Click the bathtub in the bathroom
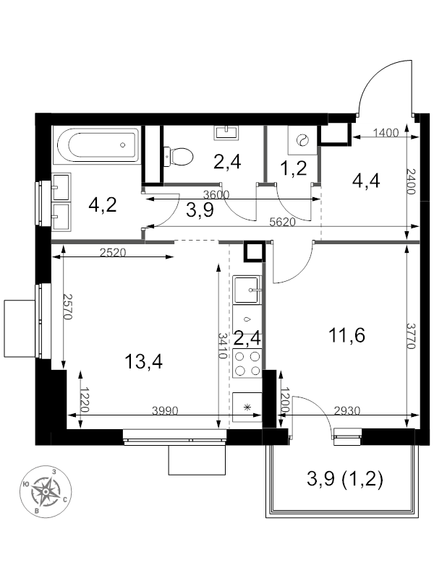(x=96, y=145)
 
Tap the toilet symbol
(x=178, y=156)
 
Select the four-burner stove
(x=247, y=363)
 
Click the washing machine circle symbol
(x=302, y=140)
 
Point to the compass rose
(x=46, y=491)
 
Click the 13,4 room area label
(x=143, y=361)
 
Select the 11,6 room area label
(x=347, y=335)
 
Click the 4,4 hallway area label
(x=366, y=181)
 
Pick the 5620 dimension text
(x=283, y=222)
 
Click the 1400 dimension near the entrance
(x=386, y=132)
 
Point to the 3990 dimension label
(x=166, y=410)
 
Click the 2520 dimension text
(x=113, y=252)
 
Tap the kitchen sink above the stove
(x=247, y=290)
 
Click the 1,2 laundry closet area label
(x=294, y=168)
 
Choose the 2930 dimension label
(x=347, y=410)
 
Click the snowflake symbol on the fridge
(x=247, y=407)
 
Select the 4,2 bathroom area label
(x=103, y=204)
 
